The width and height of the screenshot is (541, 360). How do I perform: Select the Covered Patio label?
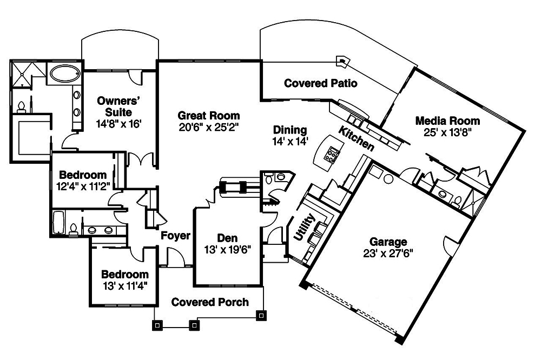pyautogui.click(x=320, y=83)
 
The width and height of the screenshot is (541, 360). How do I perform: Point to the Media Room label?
pyautogui.click(x=447, y=120)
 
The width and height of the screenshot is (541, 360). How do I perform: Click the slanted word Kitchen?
pyautogui.click(x=357, y=138)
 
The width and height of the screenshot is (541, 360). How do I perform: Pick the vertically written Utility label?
pyautogui.click(x=298, y=226)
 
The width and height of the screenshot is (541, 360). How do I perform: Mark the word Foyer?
pyautogui.click(x=175, y=236)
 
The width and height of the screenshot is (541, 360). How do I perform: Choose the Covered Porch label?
pyautogui.click(x=210, y=302)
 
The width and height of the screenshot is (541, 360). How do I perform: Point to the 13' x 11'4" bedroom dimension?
pyautogui.click(x=124, y=285)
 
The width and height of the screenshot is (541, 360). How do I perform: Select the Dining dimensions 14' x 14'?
pyautogui.click(x=290, y=141)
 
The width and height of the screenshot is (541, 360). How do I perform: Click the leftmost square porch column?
pyautogui.click(x=157, y=325)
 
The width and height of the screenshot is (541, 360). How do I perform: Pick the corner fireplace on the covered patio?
pyautogui.click(x=342, y=61)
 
